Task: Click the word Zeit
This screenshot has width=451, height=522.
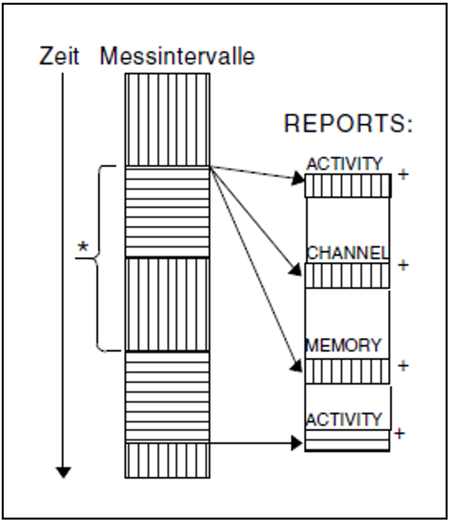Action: point(59,56)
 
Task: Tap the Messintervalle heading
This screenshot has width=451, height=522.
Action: point(177,56)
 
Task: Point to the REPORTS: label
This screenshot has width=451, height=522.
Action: point(348,124)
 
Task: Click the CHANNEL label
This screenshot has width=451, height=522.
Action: point(347,253)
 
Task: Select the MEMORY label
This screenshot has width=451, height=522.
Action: point(343,345)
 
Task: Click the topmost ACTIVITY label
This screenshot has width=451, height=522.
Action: point(344,164)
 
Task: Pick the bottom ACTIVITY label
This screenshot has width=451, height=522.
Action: point(344,420)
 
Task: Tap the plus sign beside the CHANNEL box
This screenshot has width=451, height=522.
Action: point(403,265)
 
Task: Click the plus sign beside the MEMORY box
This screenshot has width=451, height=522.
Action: point(403,366)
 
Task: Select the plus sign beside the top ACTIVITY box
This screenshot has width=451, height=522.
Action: point(403,175)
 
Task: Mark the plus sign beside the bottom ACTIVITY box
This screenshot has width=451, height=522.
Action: point(400,433)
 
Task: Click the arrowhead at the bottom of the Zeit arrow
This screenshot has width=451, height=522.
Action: point(63,472)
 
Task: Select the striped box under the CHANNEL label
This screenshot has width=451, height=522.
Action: point(347,276)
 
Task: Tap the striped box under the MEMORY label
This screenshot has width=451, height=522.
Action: point(347,371)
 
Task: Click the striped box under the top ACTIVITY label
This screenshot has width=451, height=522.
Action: point(348,186)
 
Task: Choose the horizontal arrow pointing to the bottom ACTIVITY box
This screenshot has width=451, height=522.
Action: point(253,442)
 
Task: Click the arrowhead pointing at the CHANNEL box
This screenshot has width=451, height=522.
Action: point(296,270)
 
